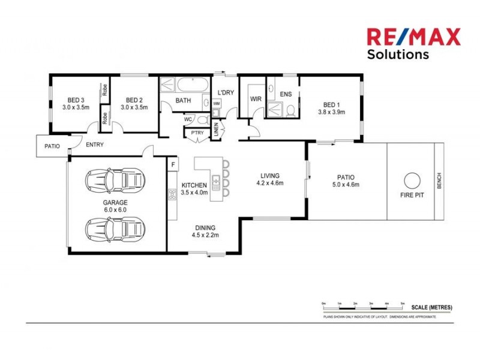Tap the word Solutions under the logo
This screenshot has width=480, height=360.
point(398,54)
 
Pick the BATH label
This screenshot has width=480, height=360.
point(183,101)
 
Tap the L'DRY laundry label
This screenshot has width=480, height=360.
point(226,92)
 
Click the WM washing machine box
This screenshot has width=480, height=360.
point(217,104)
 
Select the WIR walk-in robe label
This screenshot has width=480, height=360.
point(256,99)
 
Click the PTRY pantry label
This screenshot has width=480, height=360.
point(197,133)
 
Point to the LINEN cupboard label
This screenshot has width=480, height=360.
point(217,131)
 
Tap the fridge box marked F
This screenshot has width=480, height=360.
point(173,164)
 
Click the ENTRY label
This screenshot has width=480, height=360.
point(95,145)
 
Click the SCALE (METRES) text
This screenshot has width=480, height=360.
point(432,307)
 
